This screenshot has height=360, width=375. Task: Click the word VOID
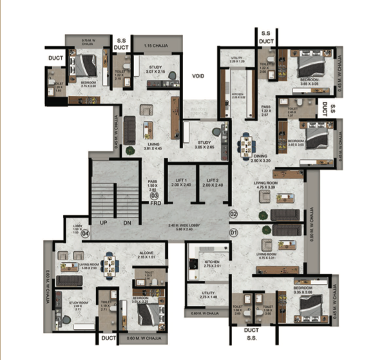[x=198, y=76]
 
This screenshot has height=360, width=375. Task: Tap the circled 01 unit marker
[x=233, y=231]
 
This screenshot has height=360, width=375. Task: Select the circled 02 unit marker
[x=233, y=213]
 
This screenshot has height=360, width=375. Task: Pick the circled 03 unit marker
[x=155, y=196]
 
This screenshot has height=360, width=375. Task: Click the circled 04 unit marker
[x=86, y=234]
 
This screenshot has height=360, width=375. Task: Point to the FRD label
[x=155, y=203]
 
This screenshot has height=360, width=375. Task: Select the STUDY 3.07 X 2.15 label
[x=153, y=69]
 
